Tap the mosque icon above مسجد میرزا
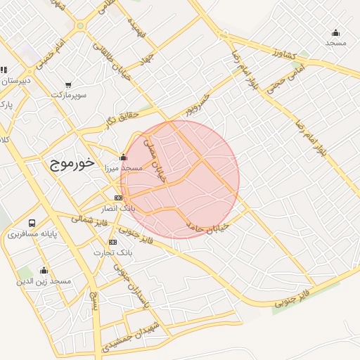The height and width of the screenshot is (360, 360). (x=124, y=157)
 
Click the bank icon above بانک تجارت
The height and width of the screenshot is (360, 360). (x=113, y=242)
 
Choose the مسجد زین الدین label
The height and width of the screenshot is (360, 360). (x=44, y=281)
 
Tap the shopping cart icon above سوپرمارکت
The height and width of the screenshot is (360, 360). (x=67, y=84)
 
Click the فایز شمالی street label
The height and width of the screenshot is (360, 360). (x=89, y=221)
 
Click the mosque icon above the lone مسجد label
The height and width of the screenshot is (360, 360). (x=336, y=32)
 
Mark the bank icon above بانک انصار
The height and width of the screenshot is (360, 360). (x=118, y=198)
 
